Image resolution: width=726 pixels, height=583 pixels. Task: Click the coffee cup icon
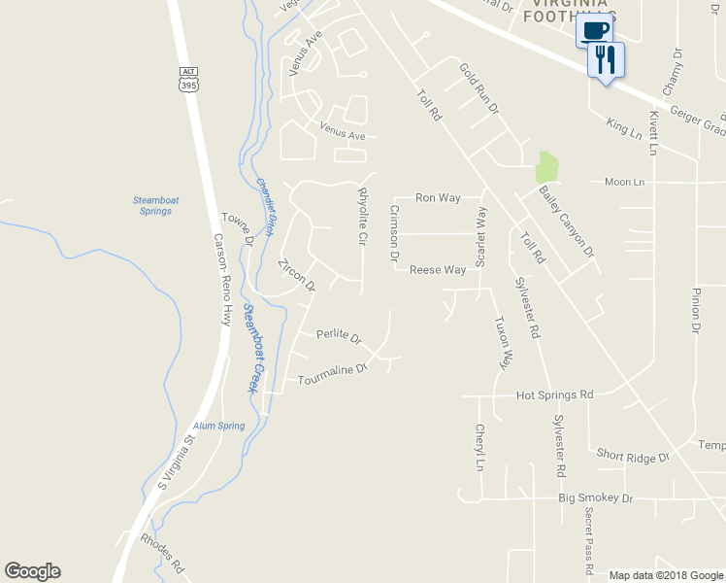pyautogui.click(x=596, y=29)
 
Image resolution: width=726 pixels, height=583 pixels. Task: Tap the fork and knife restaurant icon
pyautogui.click(x=606, y=60)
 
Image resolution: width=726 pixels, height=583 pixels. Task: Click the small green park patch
pyautogui.click(x=547, y=166)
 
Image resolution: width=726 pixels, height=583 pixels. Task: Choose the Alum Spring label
pyautogui.click(x=218, y=426)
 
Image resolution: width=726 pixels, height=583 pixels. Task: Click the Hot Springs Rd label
pyautogui.click(x=554, y=395)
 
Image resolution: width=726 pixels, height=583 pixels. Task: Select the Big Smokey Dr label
pyautogui.click(x=595, y=497)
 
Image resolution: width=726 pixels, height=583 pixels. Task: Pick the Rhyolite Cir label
pyautogui.click(x=363, y=215)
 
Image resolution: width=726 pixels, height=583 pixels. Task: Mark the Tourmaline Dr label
pyautogui.click(x=333, y=373)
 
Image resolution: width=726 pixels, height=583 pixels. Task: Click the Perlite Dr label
pyautogui.click(x=339, y=337)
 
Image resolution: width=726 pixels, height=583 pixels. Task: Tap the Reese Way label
pyautogui.click(x=438, y=270)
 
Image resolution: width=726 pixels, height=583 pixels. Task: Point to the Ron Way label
pyautogui.click(x=438, y=197)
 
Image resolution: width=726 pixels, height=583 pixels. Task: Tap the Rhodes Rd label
pyautogui.click(x=162, y=553)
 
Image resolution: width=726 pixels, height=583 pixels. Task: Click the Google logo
pyautogui.click(x=32, y=571)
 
